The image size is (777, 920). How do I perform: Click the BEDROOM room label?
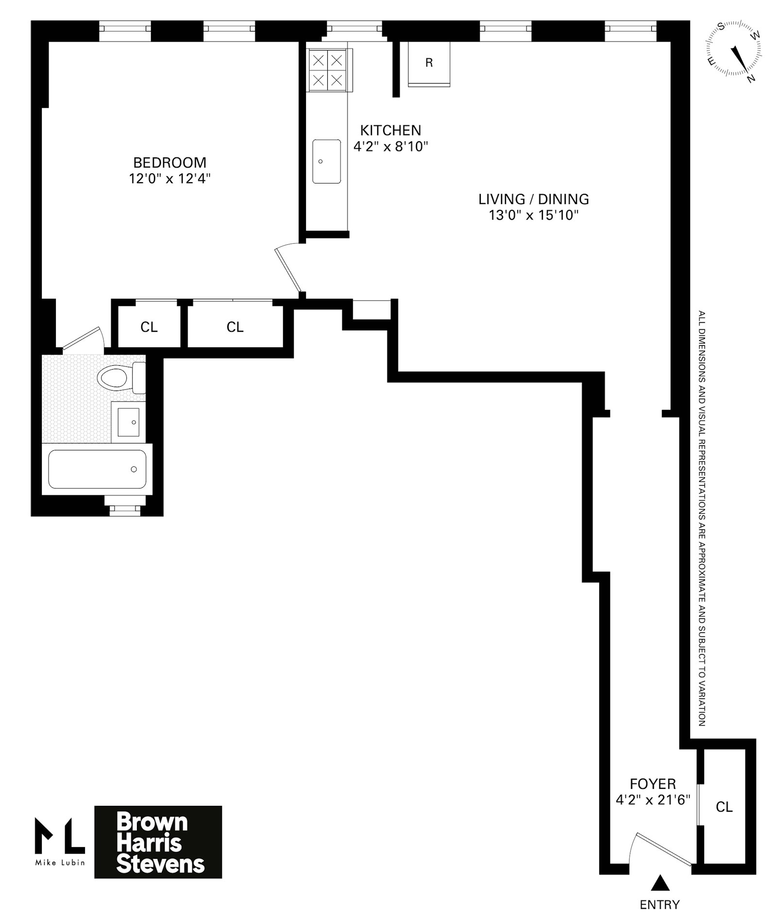pyautogui.click(x=169, y=162)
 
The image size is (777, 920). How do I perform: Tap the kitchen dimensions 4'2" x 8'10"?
pyautogui.click(x=390, y=146)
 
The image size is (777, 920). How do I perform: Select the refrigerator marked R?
pyautogui.click(x=429, y=64)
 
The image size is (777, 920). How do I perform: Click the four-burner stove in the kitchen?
pyautogui.click(x=328, y=70)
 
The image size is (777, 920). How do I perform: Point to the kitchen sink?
pyautogui.click(x=326, y=161)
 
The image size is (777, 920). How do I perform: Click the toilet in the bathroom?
pyautogui.click(x=117, y=377)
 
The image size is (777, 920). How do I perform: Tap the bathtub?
pyautogui.click(x=97, y=469)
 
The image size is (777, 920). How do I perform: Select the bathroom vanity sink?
pyautogui.click(x=129, y=422)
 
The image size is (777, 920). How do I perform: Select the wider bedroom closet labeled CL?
pyautogui.click(x=235, y=327)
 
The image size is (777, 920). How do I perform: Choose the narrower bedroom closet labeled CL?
pyautogui.click(x=149, y=327)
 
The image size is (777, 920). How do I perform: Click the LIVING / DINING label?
pyautogui.click(x=533, y=199)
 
